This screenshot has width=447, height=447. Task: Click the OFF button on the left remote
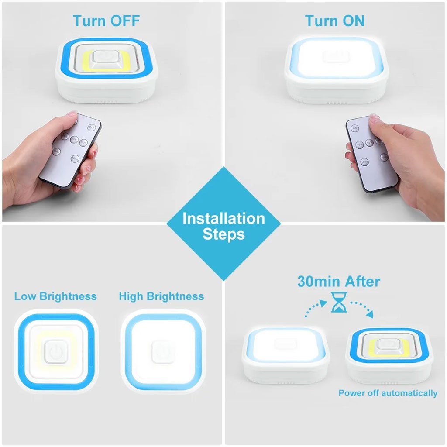pos(92,127)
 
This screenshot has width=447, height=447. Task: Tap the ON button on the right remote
pos(355,128)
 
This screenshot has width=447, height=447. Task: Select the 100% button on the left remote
pos(84,142)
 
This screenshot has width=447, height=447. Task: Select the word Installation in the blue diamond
pos(223,218)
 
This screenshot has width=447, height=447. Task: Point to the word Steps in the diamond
pos(223,234)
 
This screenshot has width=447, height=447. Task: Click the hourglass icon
pos(339,302)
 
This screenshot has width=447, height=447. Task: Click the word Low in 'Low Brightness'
pos(25,296)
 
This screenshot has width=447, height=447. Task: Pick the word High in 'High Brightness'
pos(131,296)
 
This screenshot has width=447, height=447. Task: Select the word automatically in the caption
pos(409,393)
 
